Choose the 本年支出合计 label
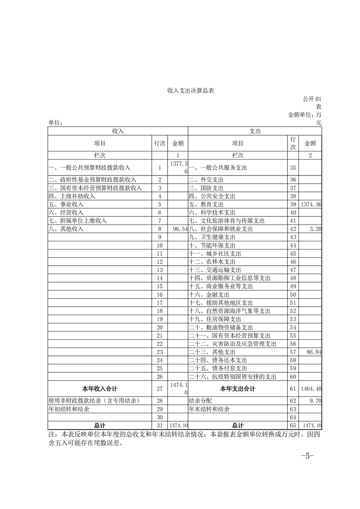[x=237, y=388]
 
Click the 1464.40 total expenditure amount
[x=311, y=389]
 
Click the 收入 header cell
[x=118, y=131]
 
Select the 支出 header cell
[x=255, y=131]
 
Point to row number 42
[x=293, y=229]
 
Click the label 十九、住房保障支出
[x=215, y=319]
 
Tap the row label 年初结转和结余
[x=69, y=409]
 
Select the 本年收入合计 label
[x=99, y=388]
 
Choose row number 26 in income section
[x=159, y=377]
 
